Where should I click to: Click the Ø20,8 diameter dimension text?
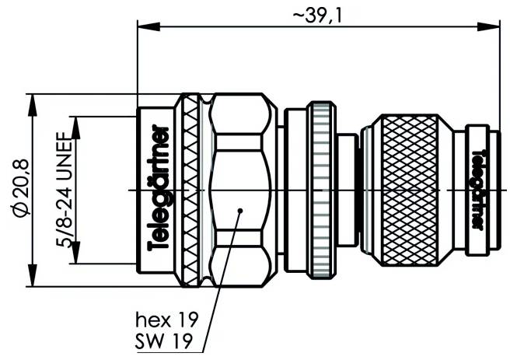coord(21,190)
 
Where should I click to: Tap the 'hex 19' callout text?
coord(166,320)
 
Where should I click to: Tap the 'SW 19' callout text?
coord(166,339)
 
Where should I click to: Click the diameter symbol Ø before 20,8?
coord(21,213)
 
